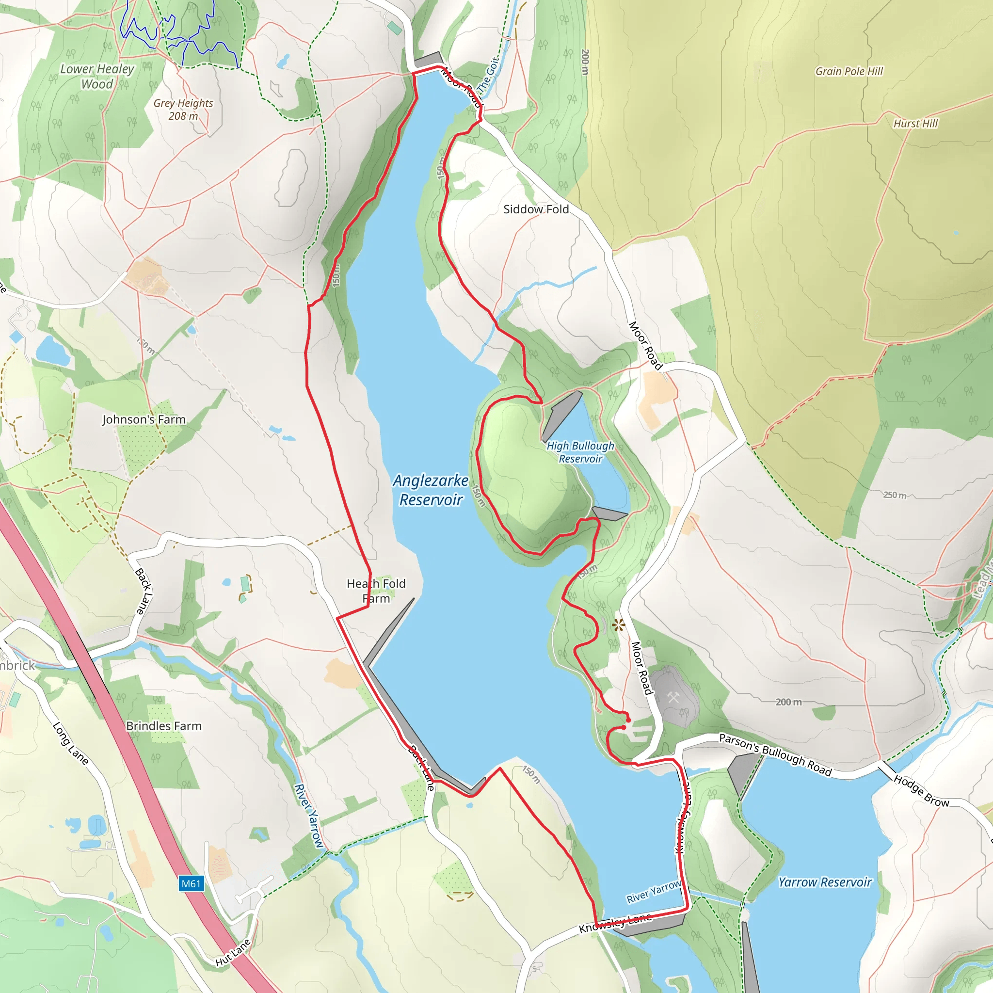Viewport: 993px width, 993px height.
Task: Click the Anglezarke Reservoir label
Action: [x=431, y=490]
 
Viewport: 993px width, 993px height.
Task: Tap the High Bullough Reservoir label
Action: [x=580, y=452]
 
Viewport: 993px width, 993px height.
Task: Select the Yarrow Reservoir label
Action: [x=825, y=882]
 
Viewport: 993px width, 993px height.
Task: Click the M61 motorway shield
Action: [x=191, y=883]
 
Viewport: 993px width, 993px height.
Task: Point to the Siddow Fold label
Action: [x=536, y=209]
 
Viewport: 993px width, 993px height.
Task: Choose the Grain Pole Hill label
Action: [x=849, y=71]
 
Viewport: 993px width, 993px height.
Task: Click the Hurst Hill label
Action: [x=915, y=123]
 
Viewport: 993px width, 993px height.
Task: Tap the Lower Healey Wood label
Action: [x=97, y=76]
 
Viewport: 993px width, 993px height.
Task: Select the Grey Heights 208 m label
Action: [x=183, y=109]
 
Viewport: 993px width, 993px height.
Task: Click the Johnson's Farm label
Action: [x=144, y=419]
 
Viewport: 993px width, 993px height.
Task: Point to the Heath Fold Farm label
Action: [x=376, y=591]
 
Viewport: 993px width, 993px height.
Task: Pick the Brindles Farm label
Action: [x=164, y=726]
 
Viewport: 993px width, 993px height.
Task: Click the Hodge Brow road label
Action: [x=921, y=790]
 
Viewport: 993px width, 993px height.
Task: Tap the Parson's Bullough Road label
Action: [x=775, y=754]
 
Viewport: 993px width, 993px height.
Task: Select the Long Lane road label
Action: [x=71, y=744]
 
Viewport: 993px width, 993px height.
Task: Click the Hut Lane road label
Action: [x=233, y=952]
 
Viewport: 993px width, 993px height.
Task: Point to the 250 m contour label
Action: [x=895, y=495]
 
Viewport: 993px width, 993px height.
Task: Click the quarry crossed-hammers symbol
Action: [x=673, y=697]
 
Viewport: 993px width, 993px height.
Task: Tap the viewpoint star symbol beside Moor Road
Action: [x=618, y=625]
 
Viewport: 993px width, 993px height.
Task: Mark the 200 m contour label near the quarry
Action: [x=788, y=702]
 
